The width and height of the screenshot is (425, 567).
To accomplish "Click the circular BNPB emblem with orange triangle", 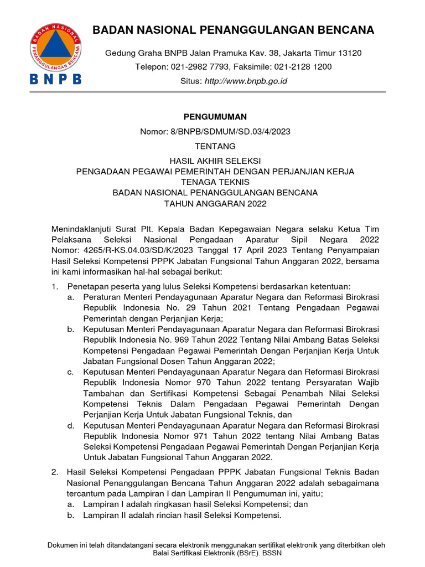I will (x=55, y=48).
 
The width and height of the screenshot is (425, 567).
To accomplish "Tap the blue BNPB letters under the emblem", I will (x=55, y=79).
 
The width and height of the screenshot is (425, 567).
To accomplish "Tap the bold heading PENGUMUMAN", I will (x=215, y=117).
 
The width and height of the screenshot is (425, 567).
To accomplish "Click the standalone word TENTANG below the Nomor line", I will (x=215, y=146).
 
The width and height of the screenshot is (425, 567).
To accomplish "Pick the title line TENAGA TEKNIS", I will (x=215, y=182).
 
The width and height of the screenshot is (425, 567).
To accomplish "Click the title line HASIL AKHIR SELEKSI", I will (x=215, y=161).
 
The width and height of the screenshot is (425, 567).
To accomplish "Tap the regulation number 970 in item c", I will (x=197, y=382).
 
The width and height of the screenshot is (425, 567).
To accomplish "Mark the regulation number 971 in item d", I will (x=197, y=436).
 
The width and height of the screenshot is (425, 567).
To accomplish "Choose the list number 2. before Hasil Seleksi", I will (x=55, y=472).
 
